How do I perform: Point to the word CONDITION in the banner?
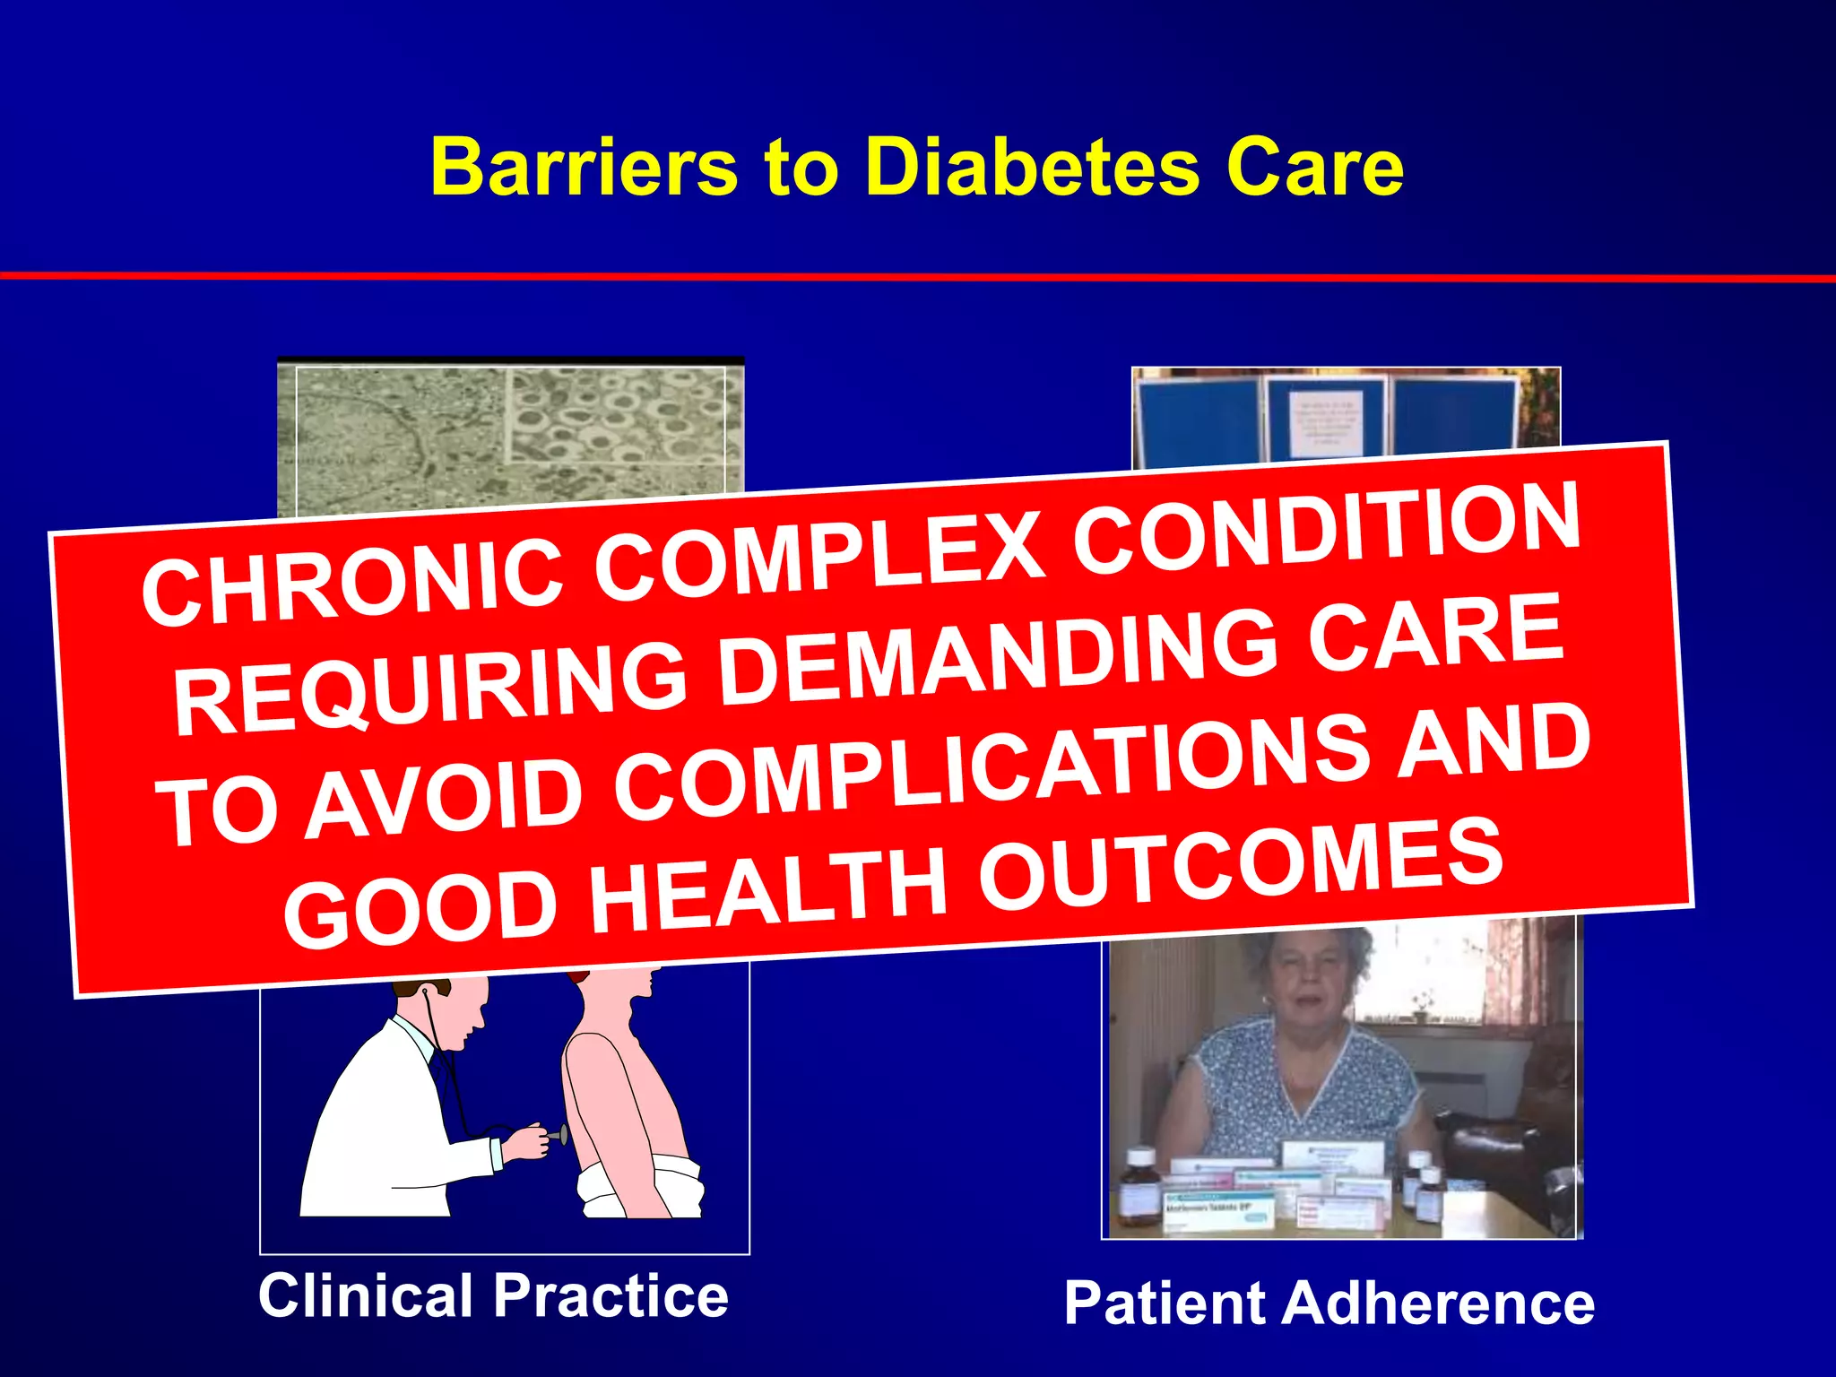[x=1327, y=529]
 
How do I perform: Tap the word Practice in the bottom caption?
[x=611, y=1296]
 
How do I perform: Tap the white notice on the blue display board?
[x=1326, y=421]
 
